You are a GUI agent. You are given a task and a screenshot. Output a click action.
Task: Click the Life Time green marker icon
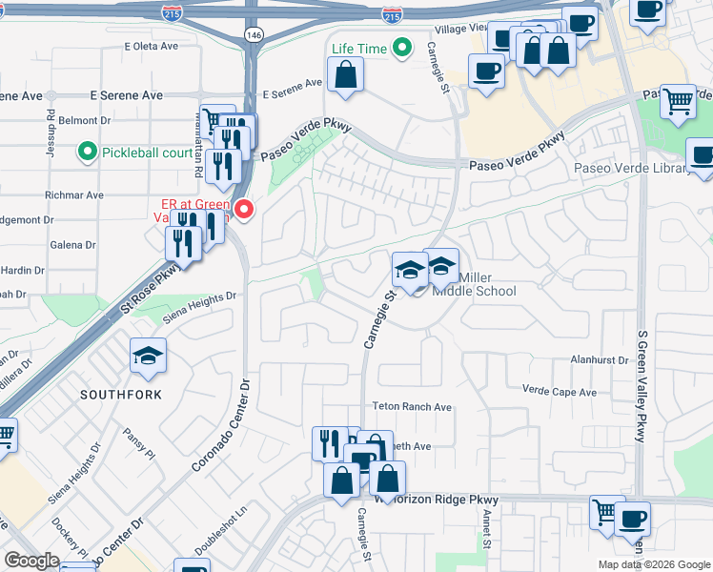point(403,47)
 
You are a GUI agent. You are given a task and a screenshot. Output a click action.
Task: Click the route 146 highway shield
point(253,34)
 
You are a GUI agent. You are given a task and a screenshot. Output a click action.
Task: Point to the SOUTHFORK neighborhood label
point(120,394)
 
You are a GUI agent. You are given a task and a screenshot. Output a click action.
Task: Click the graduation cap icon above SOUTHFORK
point(148,357)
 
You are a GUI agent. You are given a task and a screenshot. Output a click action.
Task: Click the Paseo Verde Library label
point(631,169)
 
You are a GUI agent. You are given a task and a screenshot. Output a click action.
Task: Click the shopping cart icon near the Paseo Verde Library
point(678,101)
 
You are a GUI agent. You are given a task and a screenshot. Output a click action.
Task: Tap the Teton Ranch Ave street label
point(412,406)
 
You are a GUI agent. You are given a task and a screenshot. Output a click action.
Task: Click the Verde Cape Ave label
point(560,391)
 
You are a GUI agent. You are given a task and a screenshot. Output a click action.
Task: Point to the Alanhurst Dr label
point(600,360)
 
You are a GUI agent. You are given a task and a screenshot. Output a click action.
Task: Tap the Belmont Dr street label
point(85,121)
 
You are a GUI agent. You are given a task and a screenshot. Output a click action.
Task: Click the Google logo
point(31,561)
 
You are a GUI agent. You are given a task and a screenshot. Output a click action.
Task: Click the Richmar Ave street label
point(81,194)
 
